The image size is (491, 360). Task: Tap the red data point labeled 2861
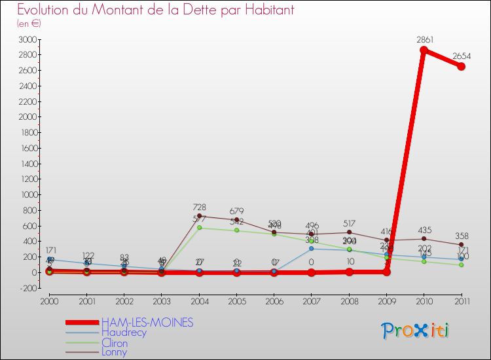click(424, 50)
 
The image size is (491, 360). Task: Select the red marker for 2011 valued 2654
click(462, 66)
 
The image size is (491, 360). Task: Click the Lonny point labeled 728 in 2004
click(199, 216)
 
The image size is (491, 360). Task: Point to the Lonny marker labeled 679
click(236, 220)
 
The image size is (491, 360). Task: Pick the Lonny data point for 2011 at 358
click(462, 245)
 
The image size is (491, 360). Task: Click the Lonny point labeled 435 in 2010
click(424, 239)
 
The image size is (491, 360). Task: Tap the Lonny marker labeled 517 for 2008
click(349, 232)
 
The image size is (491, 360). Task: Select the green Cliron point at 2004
click(199, 228)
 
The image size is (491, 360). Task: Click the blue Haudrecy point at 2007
click(312, 249)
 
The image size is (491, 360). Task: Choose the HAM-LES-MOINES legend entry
click(147, 323)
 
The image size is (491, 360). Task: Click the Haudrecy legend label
click(124, 333)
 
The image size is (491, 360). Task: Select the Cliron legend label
click(115, 343)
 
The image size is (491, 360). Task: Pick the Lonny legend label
click(114, 352)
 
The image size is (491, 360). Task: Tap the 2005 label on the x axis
click(236, 301)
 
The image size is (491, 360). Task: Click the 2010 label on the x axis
click(424, 301)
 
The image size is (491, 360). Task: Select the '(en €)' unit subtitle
click(29, 24)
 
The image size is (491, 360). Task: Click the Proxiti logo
click(416, 331)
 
